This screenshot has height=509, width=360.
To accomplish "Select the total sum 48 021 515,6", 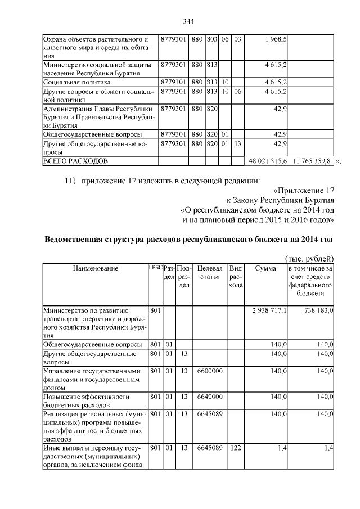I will coord(268,161).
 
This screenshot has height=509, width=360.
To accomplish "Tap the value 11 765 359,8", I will coord(312,161).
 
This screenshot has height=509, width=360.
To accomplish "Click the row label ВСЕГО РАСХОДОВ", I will coord(75,161).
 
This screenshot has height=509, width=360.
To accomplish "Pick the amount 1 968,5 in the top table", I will coord(276,39).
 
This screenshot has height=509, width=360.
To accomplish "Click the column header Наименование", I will coord(96,268).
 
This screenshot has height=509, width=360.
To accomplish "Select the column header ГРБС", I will coord(155,268).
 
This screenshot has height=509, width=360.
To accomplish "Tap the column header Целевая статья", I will coord(210,273).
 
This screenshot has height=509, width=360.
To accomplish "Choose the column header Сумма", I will coord(265,268).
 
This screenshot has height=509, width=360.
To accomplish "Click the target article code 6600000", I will coord(210,371).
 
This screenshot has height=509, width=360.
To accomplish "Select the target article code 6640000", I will coord(210,396).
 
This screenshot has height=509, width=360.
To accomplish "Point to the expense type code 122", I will coord(235,448).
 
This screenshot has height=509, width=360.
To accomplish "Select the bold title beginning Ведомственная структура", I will coord(188,240).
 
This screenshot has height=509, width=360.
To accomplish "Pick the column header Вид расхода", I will coord(236,277).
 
